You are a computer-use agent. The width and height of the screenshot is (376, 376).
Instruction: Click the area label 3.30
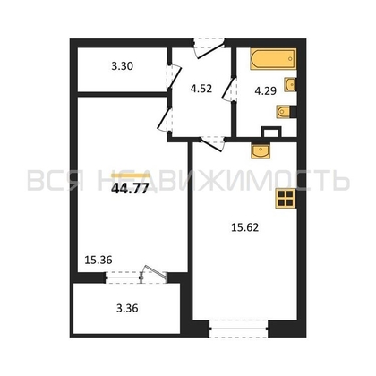coord(123,66)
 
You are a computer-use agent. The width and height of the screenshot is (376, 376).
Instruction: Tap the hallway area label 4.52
coord(201,89)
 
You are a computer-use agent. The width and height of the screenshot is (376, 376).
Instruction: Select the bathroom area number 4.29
coord(265,90)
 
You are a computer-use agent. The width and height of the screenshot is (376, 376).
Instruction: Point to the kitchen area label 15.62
coord(245,227)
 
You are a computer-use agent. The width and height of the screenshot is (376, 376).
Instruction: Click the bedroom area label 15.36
coord(98,260)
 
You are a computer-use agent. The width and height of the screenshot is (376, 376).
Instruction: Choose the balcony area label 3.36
coord(127,308)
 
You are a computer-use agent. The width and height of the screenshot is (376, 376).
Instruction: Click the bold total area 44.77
coord(130,189)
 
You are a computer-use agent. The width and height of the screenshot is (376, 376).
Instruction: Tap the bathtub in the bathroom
coord(273,59)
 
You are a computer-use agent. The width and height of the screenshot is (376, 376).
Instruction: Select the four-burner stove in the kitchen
coord(285,198)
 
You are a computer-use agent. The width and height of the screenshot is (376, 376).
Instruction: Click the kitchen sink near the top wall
coord(261,151)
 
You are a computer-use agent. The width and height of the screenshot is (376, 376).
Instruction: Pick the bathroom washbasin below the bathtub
coord(290,84)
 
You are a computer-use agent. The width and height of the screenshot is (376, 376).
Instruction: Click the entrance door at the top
coord(209,47)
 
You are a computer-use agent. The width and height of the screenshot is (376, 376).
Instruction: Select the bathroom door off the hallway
coord(229,90)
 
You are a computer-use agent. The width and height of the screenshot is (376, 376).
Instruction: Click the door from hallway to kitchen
coord(212,143)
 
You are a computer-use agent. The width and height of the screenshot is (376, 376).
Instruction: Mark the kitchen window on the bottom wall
coord(239,329)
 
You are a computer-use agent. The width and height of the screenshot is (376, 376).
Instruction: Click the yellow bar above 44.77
coord(131,175)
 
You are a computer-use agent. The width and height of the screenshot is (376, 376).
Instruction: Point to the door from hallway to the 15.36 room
coord(165,119)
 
